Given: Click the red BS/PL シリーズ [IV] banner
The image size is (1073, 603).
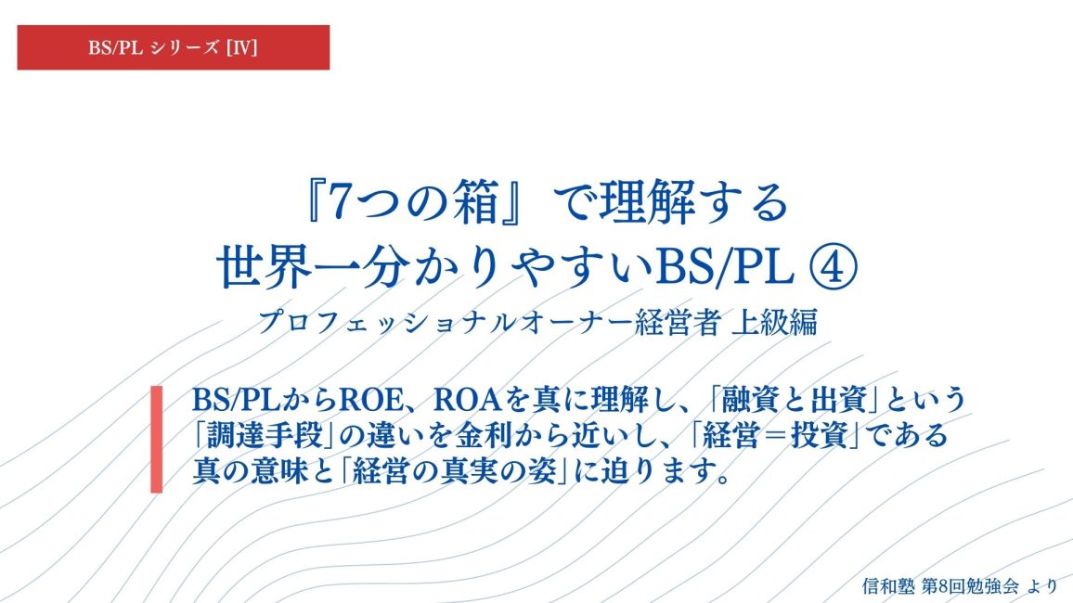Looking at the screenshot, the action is [174, 47].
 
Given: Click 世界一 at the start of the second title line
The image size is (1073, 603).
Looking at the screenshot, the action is [293, 268].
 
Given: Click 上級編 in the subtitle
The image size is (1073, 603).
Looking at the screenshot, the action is [775, 322].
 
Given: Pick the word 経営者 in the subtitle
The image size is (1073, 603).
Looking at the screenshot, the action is [677, 322].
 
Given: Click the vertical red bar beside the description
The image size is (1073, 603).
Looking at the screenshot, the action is [157, 439].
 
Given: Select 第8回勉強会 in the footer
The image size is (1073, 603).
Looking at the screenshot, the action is [970, 586].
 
